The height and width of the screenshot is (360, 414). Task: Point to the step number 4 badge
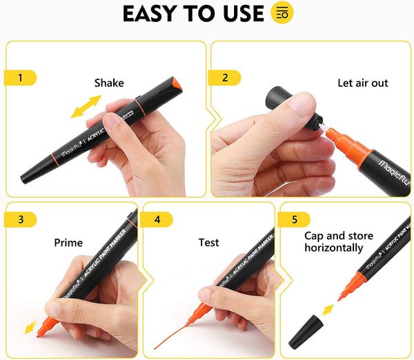[157, 219]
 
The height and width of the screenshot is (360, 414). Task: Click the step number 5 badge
[294, 219]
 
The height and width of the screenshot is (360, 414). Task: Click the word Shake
[109, 83]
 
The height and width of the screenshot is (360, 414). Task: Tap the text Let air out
[362, 83]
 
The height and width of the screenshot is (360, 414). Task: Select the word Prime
[68, 243]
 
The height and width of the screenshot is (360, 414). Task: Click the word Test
[208, 243]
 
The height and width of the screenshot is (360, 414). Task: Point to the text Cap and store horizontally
[334, 241]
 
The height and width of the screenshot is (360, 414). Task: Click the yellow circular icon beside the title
[282, 13]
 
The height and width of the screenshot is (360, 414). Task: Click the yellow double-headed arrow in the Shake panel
[85, 106]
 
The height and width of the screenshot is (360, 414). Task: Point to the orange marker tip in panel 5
[344, 289]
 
